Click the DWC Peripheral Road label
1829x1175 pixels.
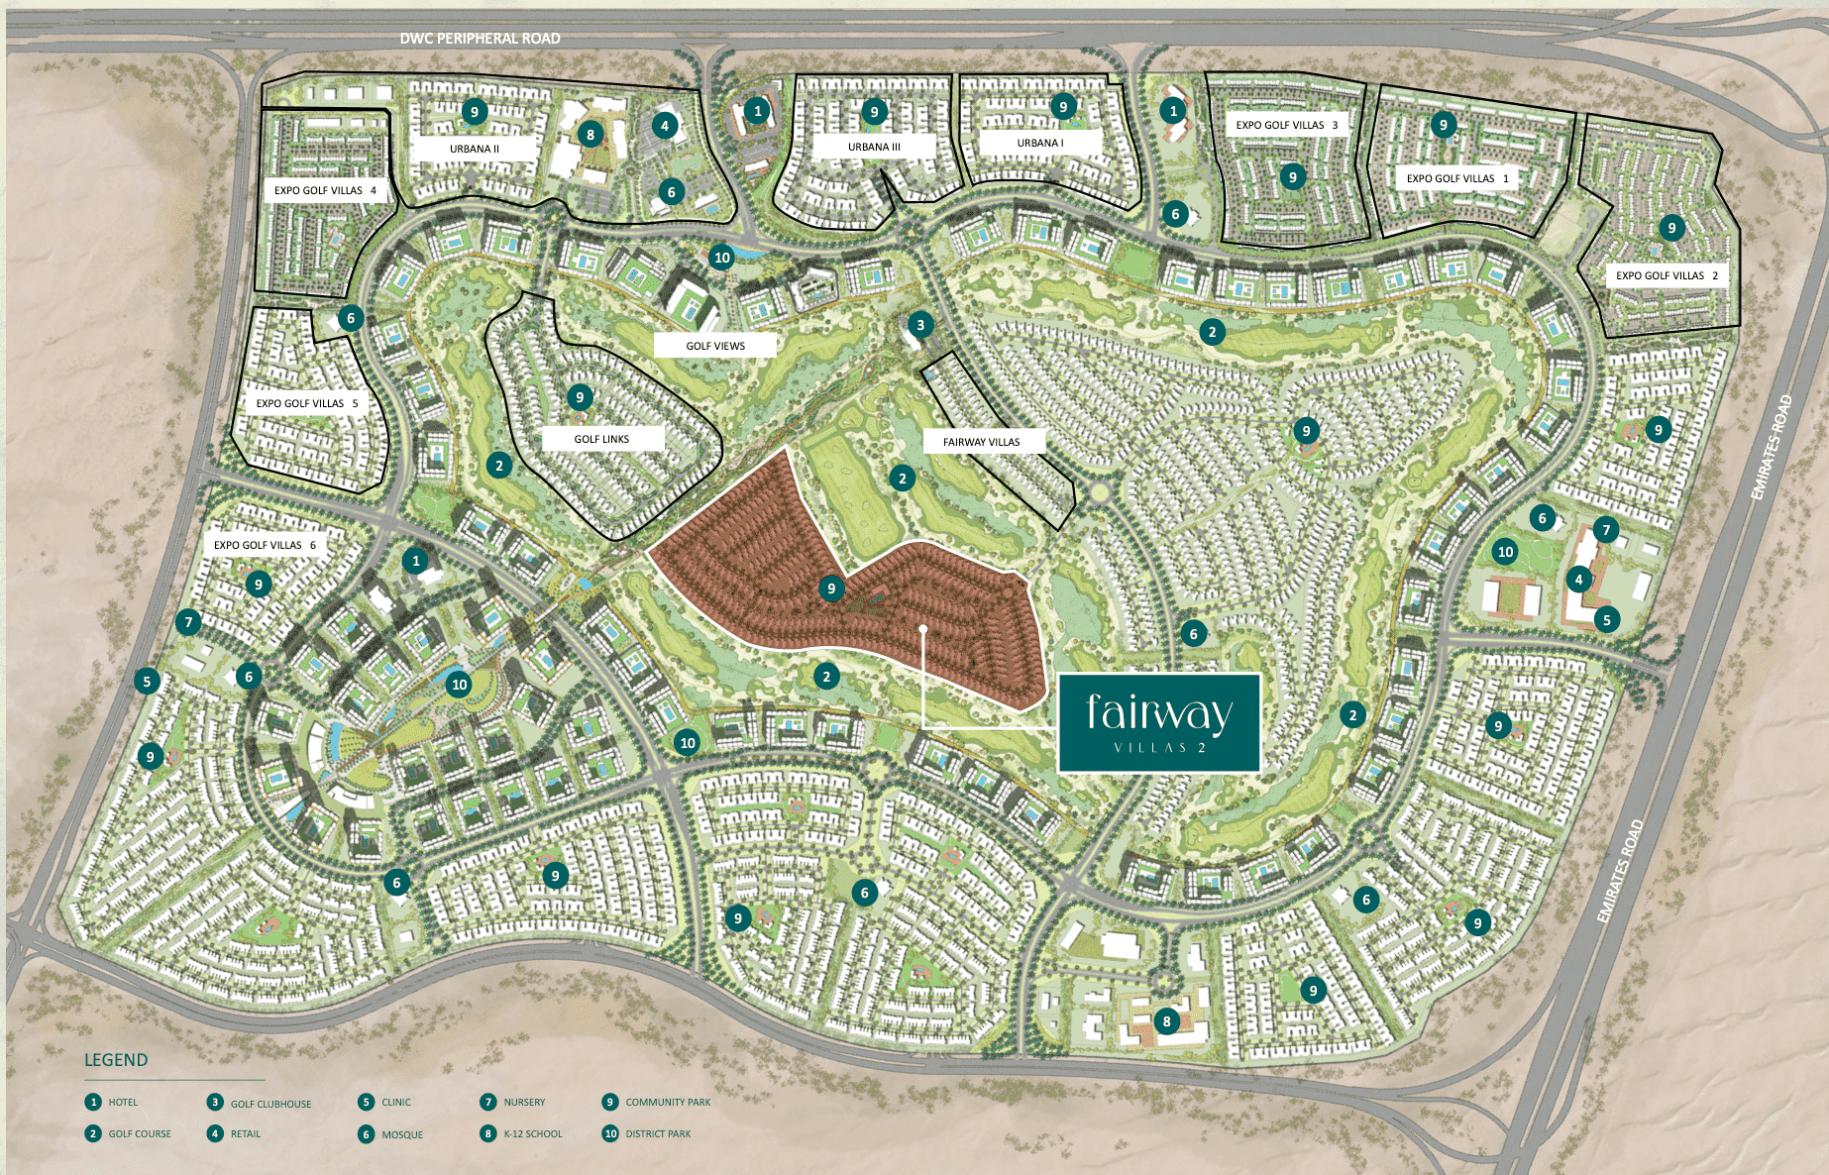pos(480,39)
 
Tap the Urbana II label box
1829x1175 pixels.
pos(475,149)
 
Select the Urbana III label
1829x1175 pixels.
pos(874,147)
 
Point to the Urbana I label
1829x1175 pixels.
pos(1040,143)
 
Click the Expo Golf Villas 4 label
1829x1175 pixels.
pos(325,190)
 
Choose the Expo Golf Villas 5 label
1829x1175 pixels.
pos(307,403)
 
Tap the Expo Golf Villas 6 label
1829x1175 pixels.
pos(265,545)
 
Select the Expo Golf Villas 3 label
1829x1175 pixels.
pos(1286,125)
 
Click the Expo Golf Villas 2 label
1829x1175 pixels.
pos(1667,275)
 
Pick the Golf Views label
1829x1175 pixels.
pos(715,346)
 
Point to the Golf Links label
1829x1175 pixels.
pos(601,439)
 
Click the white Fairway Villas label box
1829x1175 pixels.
pos(981,442)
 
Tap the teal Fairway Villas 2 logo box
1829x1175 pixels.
pos(1159,723)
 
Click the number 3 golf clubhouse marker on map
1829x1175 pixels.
pos(920,325)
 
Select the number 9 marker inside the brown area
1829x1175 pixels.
pos(831,588)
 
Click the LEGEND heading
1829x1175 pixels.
pos(116,1060)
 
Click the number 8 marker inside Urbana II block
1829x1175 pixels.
pos(591,135)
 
